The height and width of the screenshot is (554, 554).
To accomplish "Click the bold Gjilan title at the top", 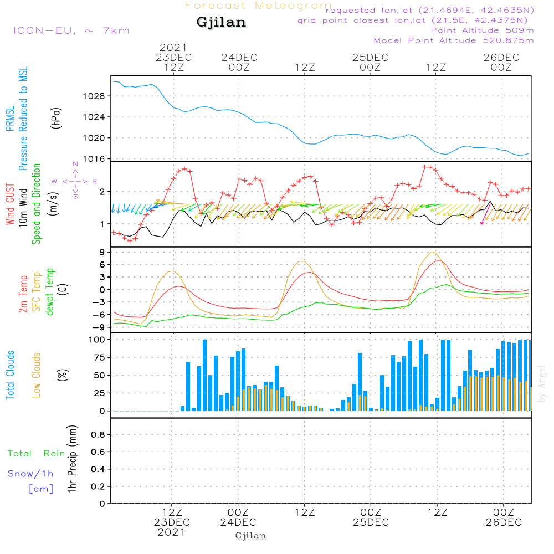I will coord(221,23).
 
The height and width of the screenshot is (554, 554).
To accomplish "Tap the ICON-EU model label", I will coord(71,30).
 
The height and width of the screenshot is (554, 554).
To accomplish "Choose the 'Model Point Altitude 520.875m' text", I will coord(454,40).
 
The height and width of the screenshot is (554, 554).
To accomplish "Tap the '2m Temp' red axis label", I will coord(24,293).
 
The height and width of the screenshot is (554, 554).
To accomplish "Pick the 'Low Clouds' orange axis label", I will coord(37,375).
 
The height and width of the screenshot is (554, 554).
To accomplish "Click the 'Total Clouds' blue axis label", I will coord(11,375).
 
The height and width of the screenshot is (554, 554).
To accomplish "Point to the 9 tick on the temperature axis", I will coord(102,252).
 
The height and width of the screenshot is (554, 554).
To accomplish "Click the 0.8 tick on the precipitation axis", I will coord(98,434).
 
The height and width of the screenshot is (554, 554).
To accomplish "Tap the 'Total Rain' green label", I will coord(36,453).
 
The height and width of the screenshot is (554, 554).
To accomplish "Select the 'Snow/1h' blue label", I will coord(30,474).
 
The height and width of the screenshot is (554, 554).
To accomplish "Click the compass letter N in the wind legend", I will coord(75,165).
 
